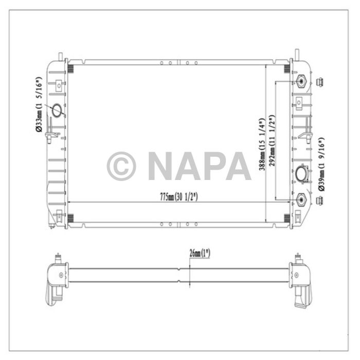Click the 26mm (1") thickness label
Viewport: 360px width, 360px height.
click(199, 253)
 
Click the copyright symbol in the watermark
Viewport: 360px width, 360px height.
click(121, 166)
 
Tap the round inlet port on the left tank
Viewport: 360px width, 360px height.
click(57, 110)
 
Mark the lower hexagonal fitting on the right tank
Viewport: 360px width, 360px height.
click(301, 199)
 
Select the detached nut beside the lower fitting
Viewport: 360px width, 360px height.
click(319, 199)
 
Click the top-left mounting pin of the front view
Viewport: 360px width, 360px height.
click(61, 55)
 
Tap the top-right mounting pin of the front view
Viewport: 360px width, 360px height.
click(297, 54)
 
